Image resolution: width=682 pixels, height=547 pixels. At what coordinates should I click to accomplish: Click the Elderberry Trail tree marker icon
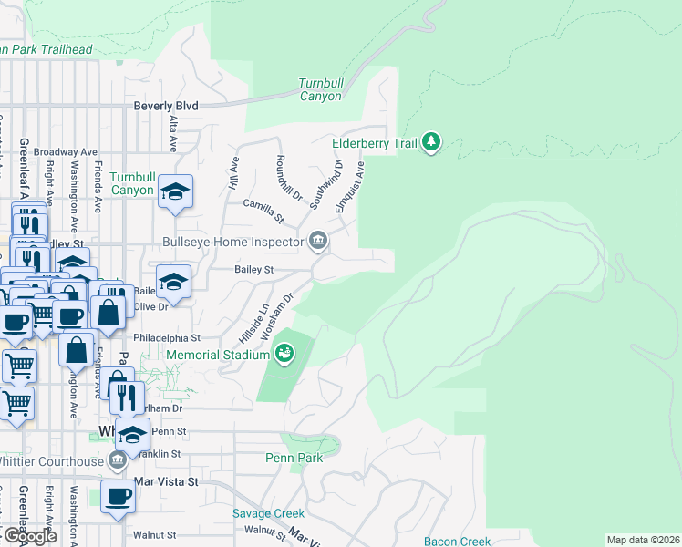click(x=431, y=143)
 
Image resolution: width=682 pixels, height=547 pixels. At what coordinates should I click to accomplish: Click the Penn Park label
click(x=294, y=458)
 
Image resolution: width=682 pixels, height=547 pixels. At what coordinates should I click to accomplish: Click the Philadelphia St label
click(x=167, y=337)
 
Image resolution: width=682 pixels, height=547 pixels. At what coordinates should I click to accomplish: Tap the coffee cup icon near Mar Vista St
click(x=117, y=497)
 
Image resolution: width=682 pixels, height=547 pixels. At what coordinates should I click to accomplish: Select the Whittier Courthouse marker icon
click(x=116, y=460)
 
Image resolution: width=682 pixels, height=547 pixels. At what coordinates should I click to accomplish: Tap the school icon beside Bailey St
click(x=173, y=281)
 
